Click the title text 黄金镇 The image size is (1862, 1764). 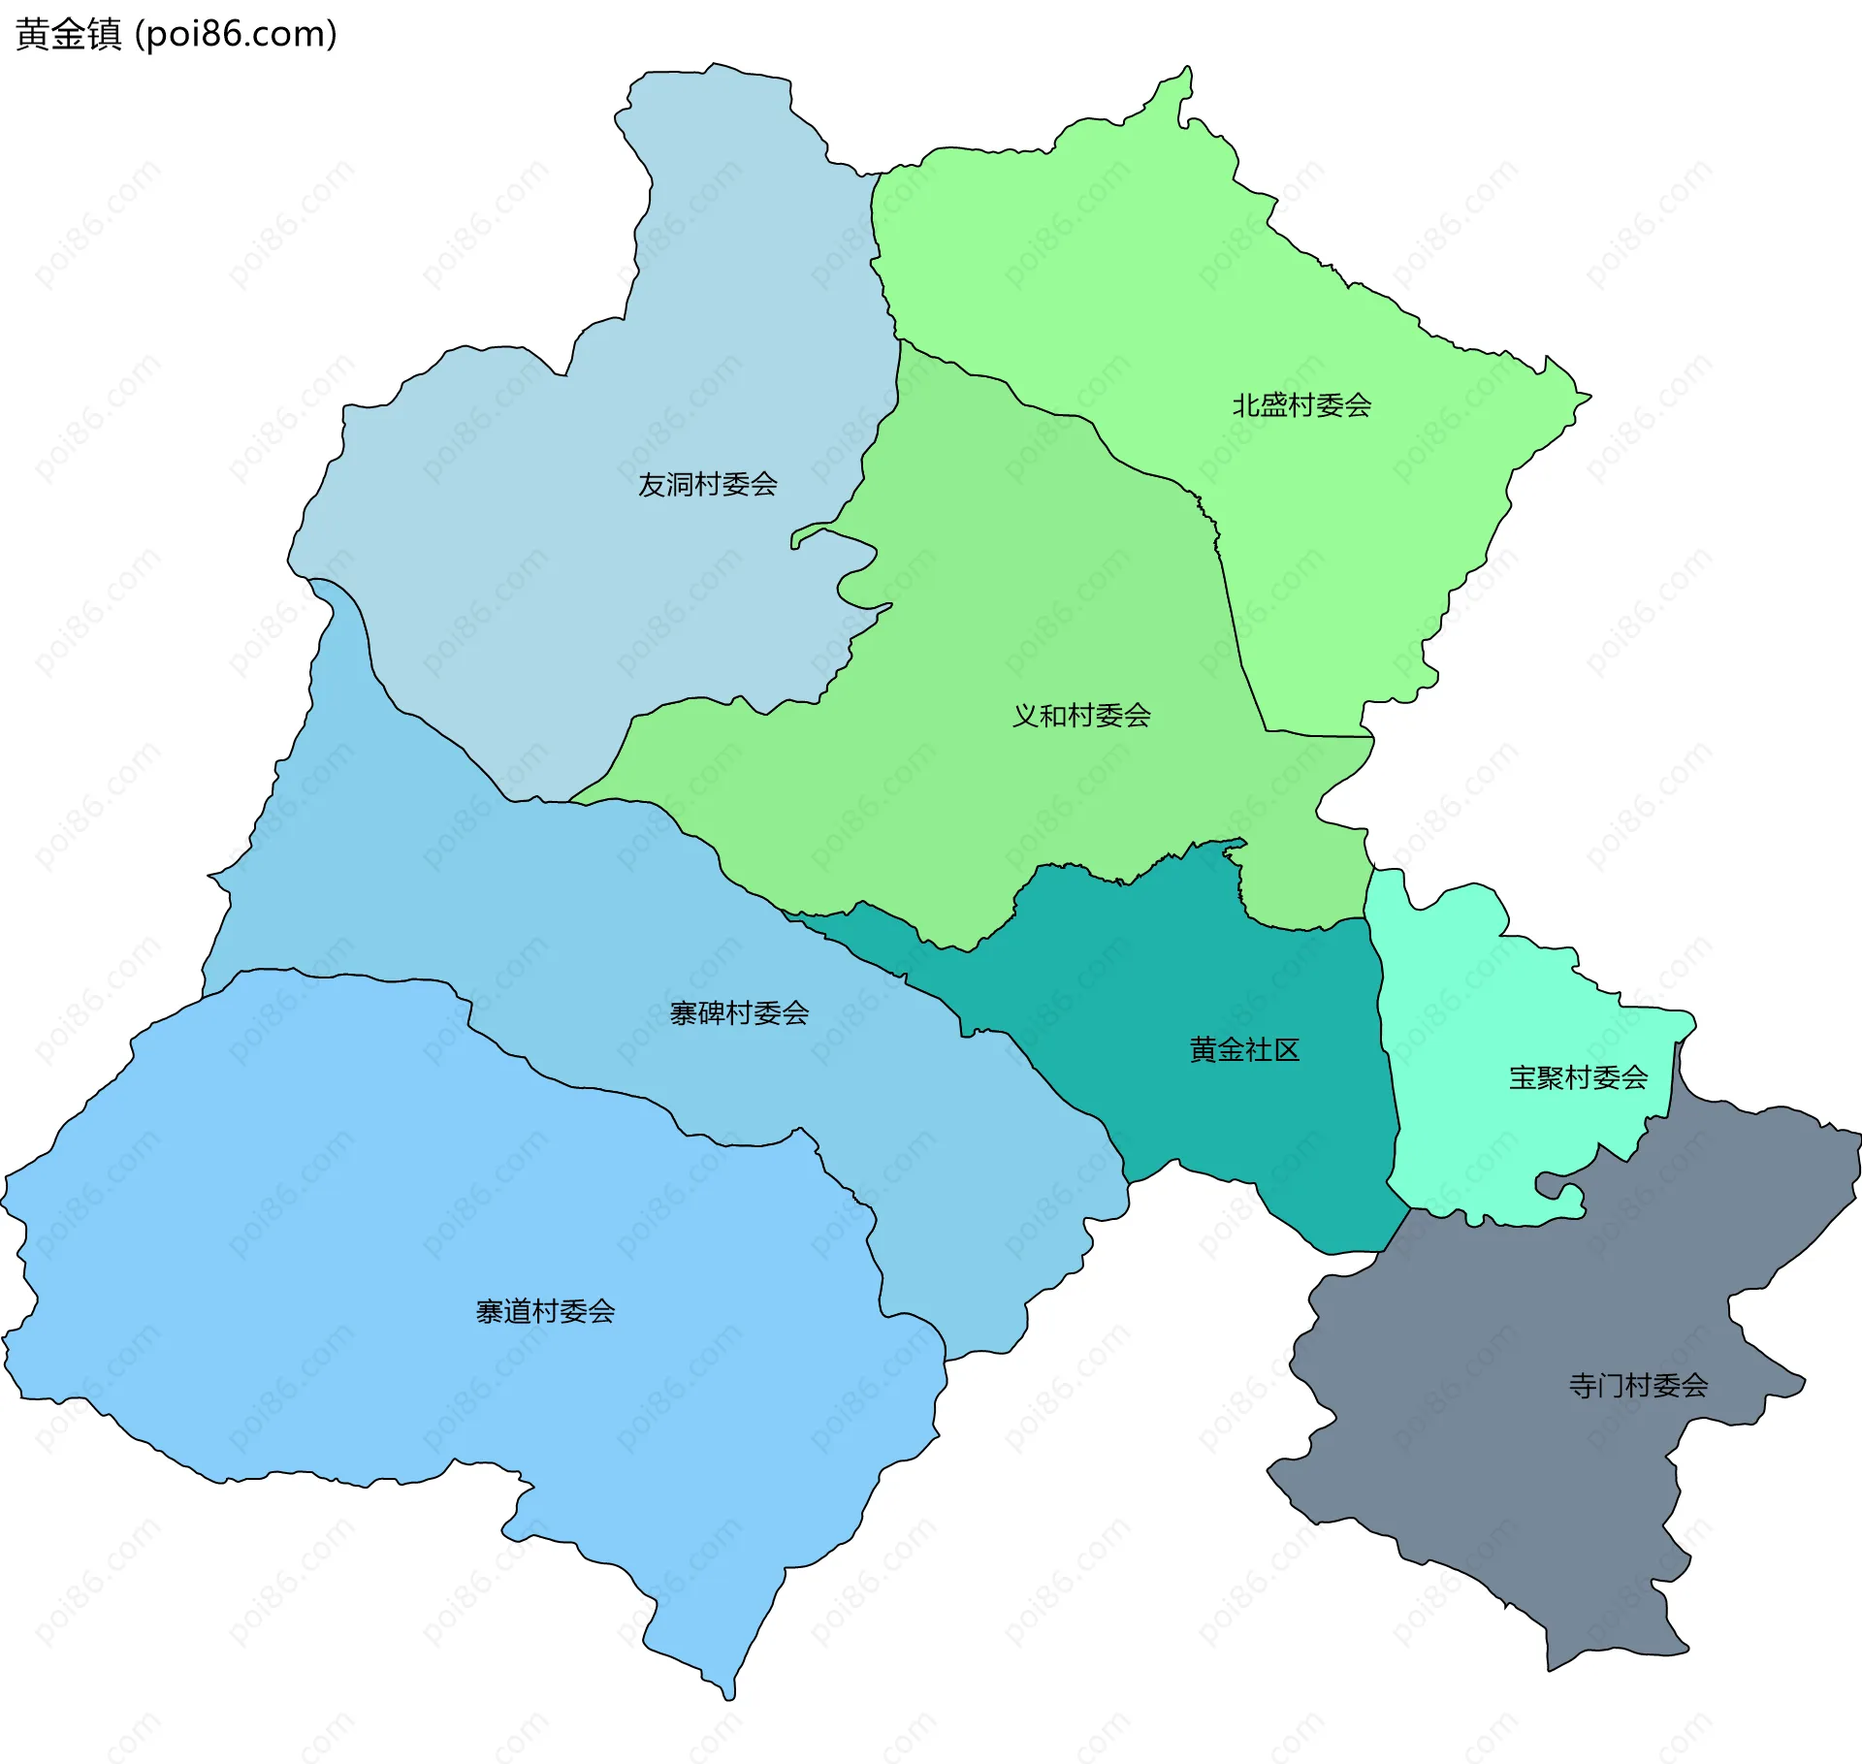tap(68, 34)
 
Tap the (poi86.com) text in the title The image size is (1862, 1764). tap(236, 34)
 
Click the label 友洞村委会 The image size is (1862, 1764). tap(707, 485)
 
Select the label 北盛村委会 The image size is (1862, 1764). tap(1301, 405)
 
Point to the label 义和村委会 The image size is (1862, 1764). tap(1081, 716)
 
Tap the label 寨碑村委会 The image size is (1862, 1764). tap(739, 1013)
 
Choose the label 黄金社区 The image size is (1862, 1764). tap(1244, 1050)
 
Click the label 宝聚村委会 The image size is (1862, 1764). tap(1578, 1077)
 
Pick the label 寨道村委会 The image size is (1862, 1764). tap(545, 1312)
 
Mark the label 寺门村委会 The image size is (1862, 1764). tap(1638, 1386)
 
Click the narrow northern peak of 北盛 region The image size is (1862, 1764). tap(1186, 78)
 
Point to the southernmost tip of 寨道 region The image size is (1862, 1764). tap(729, 1694)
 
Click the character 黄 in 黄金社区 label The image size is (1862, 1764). tap(1203, 1050)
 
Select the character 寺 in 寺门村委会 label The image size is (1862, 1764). tap(1583, 1386)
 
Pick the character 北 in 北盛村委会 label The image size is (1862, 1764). tap(1245, 405)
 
